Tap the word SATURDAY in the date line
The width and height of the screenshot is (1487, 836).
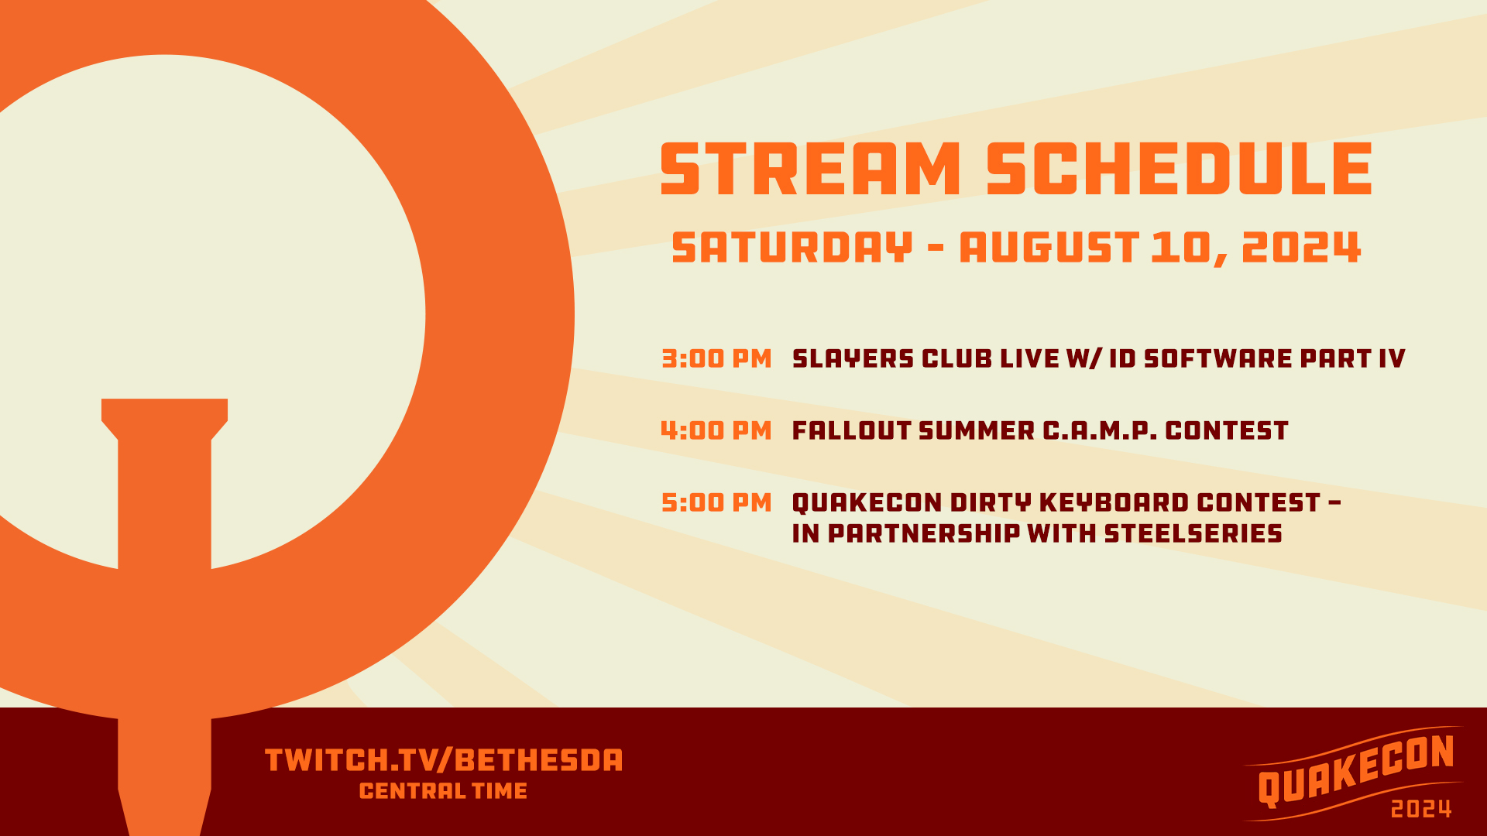click(792, 248)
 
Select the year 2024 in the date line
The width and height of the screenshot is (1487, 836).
click(1301, 248)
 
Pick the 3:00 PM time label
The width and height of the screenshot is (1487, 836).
click(716, 358)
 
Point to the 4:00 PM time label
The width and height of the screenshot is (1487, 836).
click(716, 430)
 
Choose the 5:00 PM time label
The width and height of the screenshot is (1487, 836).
click(716, 502)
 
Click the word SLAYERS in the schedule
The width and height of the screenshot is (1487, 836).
click(853, 358)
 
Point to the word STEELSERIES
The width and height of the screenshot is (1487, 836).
click(1193, 533)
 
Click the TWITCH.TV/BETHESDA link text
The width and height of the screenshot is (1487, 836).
click(444, 760)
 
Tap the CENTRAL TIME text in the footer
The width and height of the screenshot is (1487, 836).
click(444, 791)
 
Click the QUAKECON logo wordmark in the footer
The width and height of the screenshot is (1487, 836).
click(1355, 769)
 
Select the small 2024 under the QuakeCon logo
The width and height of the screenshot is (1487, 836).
click(1421, 810)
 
